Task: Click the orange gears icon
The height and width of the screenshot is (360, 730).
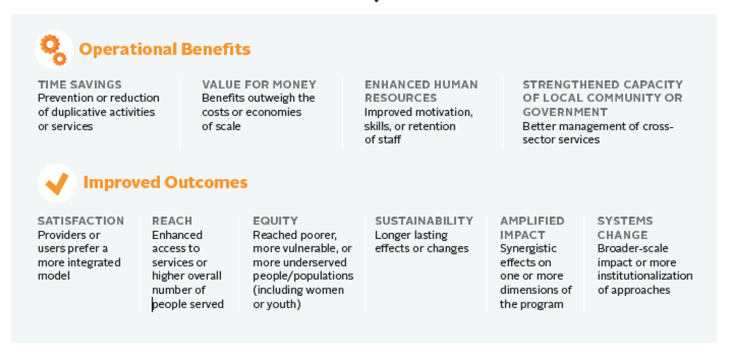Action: point(54,50)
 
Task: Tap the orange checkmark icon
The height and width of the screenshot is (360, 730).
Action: point(57,183)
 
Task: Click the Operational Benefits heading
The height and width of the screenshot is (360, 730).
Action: point(165,49)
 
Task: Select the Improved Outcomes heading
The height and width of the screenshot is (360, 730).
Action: point(165,182)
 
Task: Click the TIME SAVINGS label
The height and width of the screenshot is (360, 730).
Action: point(80,85)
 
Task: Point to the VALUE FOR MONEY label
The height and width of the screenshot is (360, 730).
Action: point(259,85)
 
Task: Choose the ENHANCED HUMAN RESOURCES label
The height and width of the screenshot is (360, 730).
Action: point(421,91)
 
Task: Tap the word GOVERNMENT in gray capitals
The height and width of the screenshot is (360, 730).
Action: point(565,112)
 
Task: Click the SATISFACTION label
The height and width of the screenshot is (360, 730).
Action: point(81,221)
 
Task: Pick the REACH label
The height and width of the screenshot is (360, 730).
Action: point(172,221)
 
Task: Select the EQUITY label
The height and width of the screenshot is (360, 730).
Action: point(275,221)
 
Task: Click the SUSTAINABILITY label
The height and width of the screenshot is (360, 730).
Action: point(424,221)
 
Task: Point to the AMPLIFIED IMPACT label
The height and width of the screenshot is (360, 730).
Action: point(532,227)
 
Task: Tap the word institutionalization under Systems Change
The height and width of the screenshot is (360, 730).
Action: point(644,276)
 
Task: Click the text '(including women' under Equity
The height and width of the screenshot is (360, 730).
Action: point(298,291)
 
